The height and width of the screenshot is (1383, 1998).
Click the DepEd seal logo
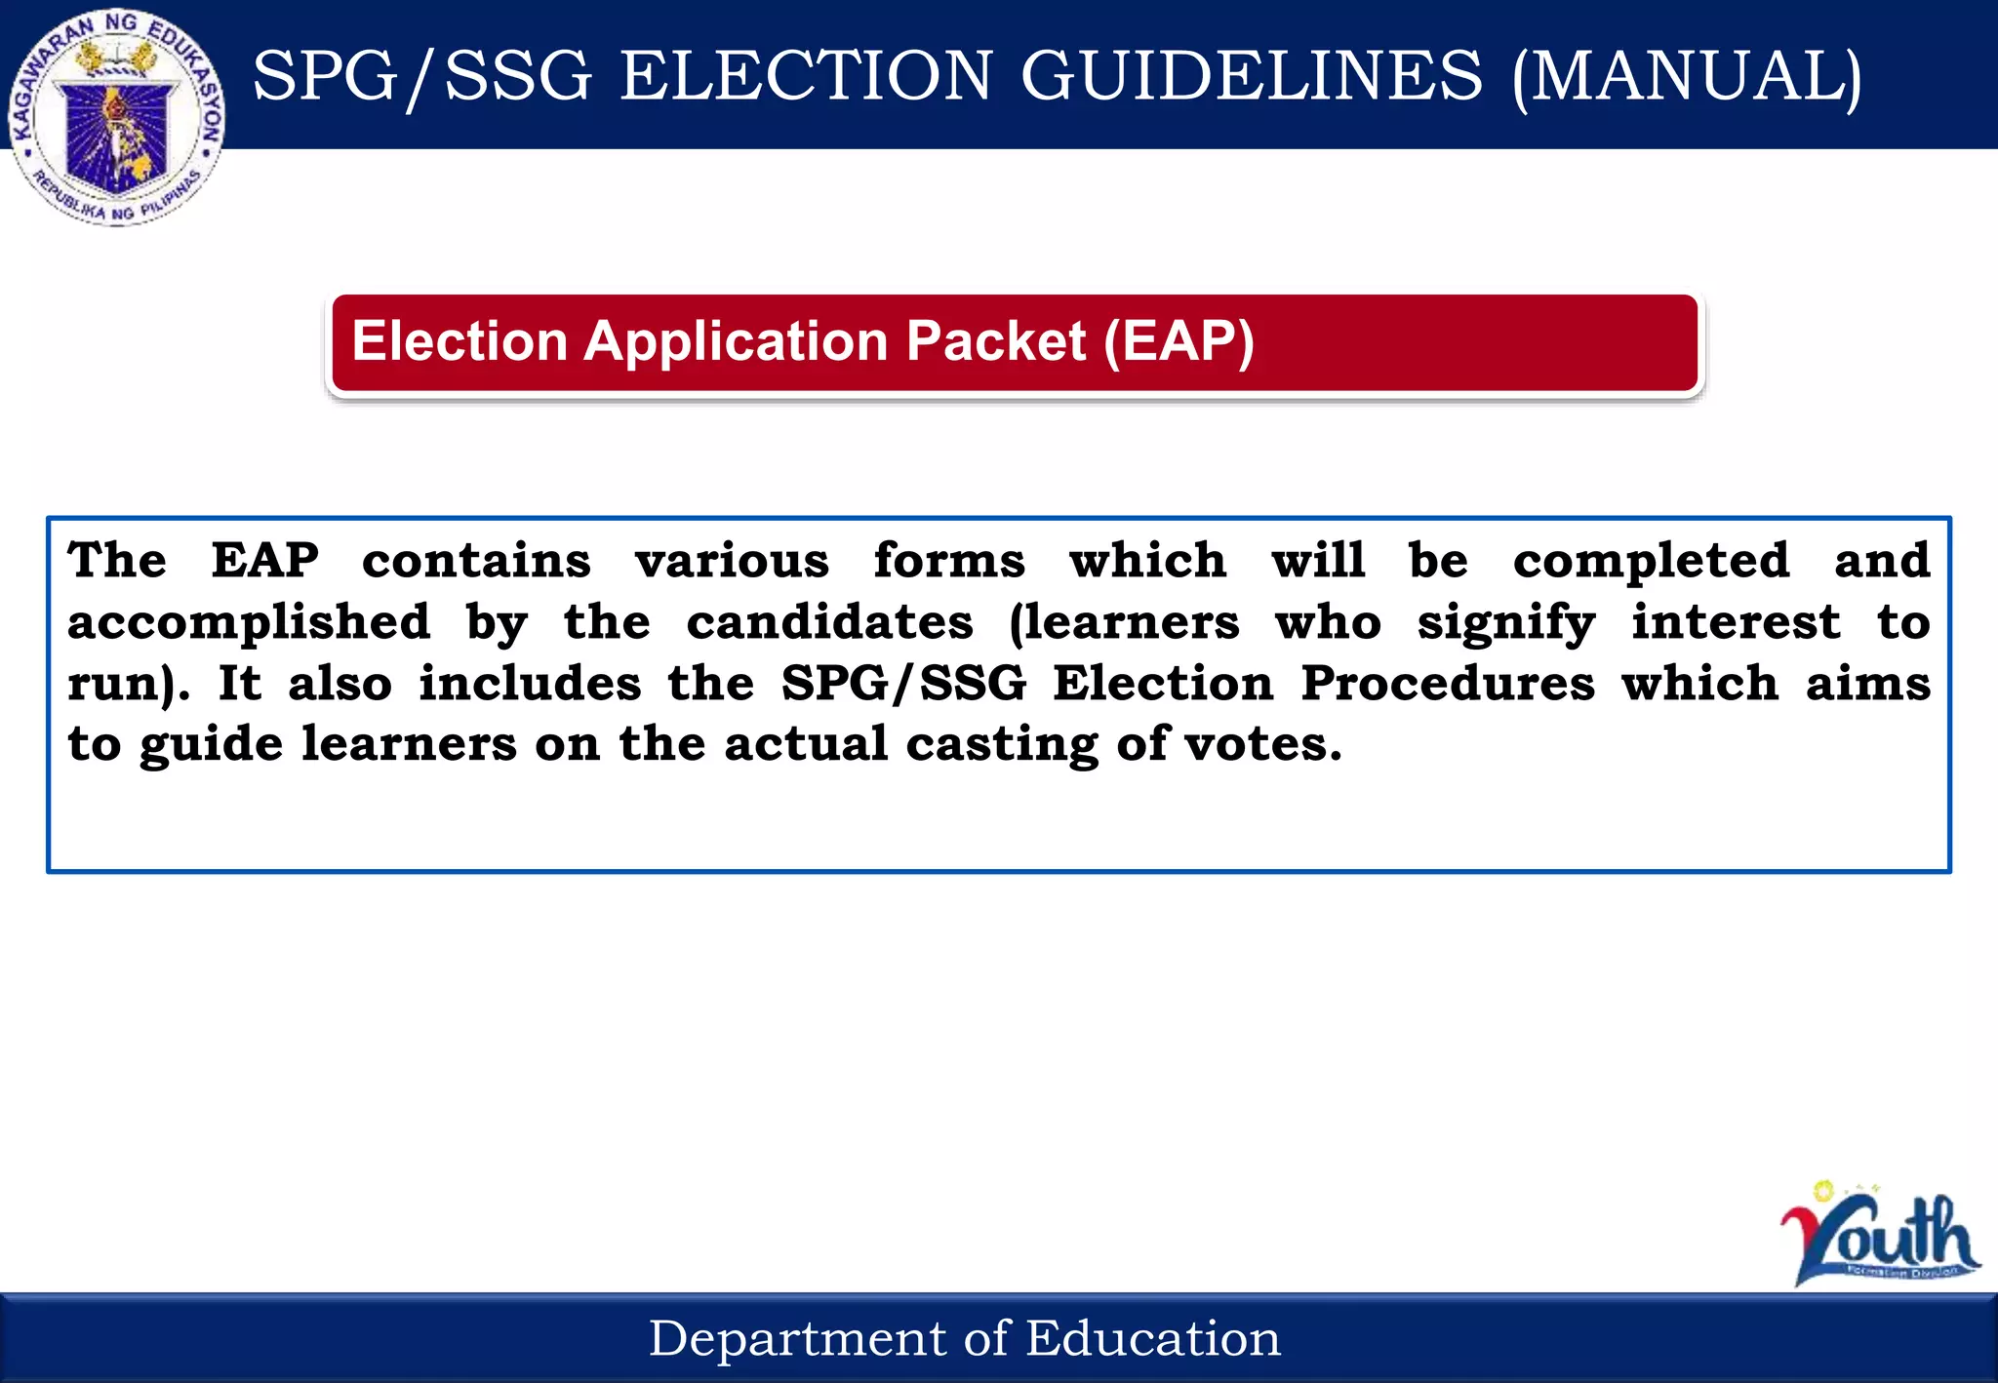click(117, 117)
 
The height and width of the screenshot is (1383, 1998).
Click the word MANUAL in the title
click(1687, 76)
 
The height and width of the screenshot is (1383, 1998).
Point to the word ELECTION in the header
click(806, 76)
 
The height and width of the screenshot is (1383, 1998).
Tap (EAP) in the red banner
click(1179, 341)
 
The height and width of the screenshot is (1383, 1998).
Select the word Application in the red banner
click(737, 341)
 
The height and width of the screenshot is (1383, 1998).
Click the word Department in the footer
click(794, 1338)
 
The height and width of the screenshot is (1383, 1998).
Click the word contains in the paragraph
click(476, 561)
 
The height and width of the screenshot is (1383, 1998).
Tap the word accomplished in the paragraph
click(249, 622)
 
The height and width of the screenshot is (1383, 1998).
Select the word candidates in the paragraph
click(829, 622)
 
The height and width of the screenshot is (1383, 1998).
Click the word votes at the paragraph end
click(1262, 744)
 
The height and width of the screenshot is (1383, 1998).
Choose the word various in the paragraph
click(732, 561)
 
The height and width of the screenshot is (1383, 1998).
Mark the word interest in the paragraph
click(1737, 622)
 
